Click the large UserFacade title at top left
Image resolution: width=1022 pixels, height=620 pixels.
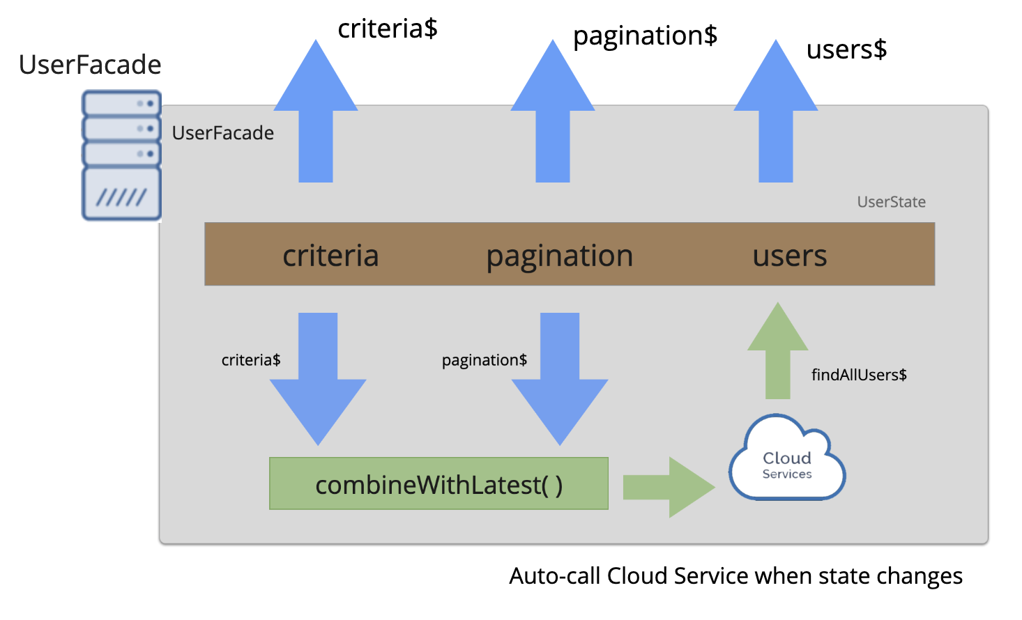pos(90,65)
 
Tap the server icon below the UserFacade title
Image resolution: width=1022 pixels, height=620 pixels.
pos(122,155)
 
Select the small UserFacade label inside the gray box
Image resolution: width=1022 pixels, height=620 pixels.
pos(222,133)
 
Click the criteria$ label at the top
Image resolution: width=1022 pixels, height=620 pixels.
pos(388,29)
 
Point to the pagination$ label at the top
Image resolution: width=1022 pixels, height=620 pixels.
pos(645,36)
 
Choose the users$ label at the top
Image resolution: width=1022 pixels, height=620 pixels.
pos(846,49)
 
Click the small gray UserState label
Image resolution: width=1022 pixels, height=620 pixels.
pos(891,202)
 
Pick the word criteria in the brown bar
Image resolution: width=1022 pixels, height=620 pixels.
pos(330,256)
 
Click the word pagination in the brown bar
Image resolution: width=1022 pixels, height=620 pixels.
pos(559,256)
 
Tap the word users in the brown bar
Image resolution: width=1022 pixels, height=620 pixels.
pos(790,256)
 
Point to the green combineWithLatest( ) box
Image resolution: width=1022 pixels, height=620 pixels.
pos(438,484)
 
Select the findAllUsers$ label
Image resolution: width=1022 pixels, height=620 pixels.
pos(859,375)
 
